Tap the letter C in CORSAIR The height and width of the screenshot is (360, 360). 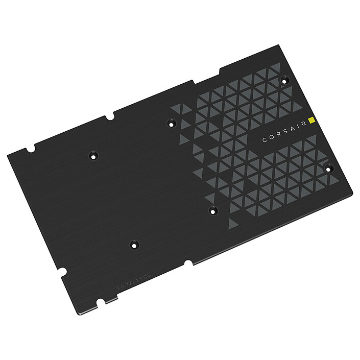click(265, 139)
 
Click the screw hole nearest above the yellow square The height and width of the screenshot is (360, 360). click(284, 79)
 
